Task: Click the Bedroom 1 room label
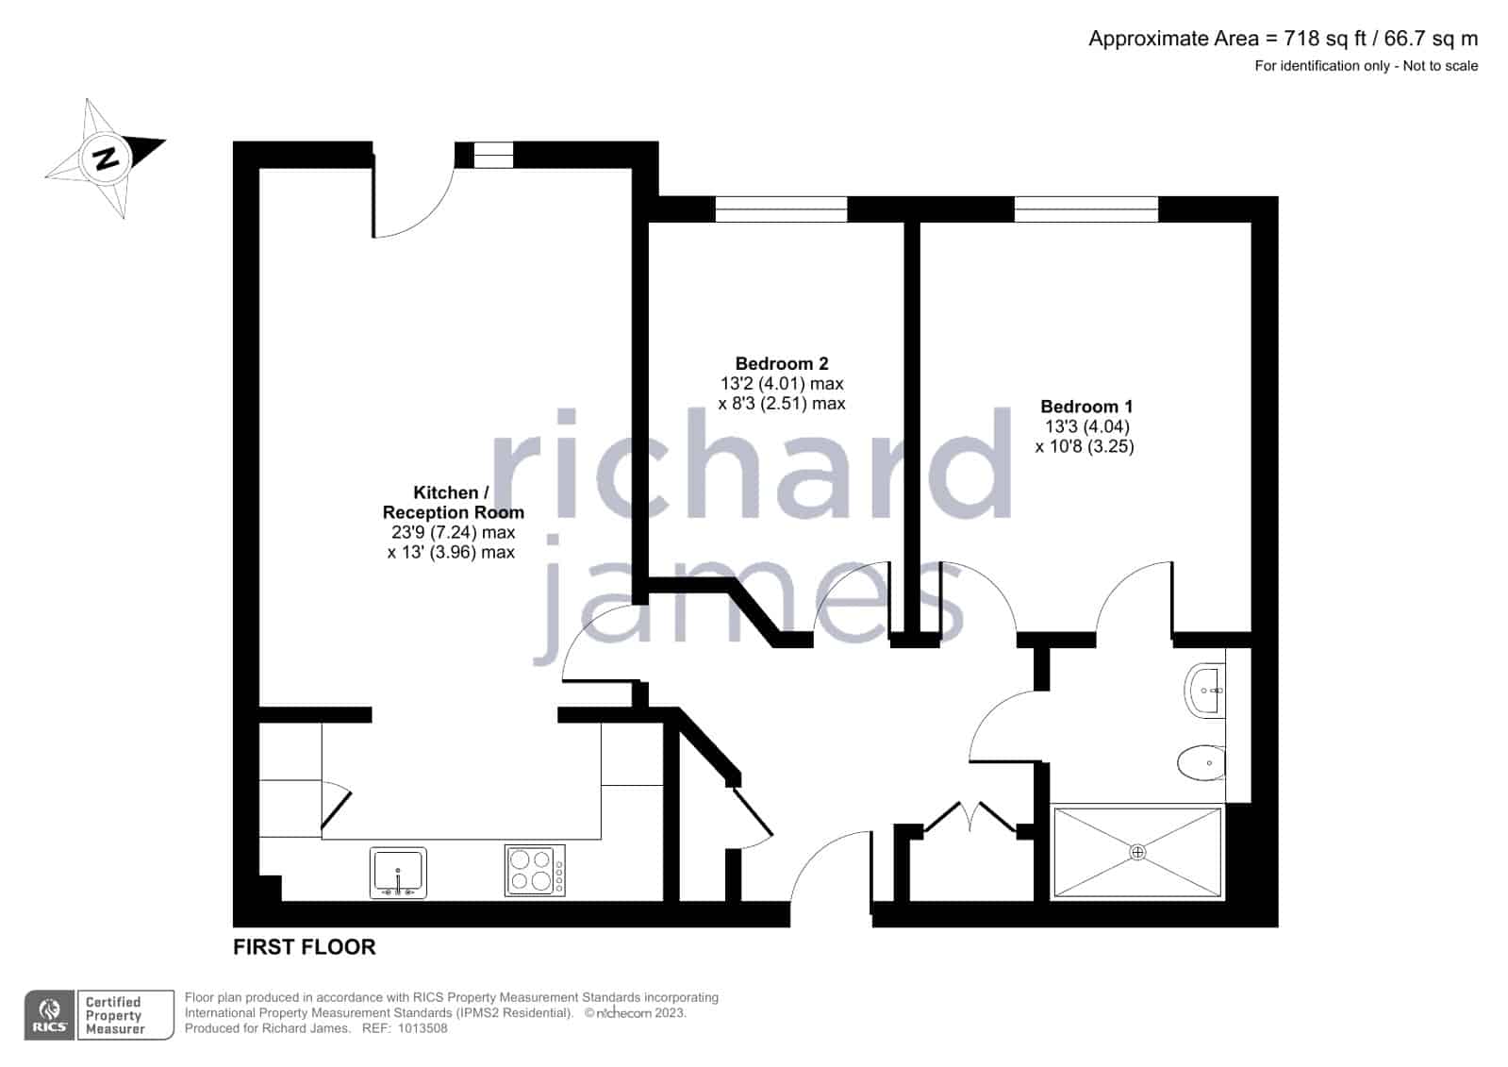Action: coord(1086,407)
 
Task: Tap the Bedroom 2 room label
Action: coord(782,364)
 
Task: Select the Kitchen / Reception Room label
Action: coord(453,503)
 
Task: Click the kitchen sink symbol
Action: coord(398,873)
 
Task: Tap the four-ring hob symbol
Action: coord(535,871)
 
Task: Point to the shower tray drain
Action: coord(1137,852)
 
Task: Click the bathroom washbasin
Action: coord(1204,691)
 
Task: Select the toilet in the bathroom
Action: coord(1201,763)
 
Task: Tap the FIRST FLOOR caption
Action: coord(305,947)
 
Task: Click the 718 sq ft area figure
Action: coord(1325,39)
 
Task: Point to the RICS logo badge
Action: coord(49,1014)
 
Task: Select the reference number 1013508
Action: coord(423,1028)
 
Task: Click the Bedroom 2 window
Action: coord(781,208)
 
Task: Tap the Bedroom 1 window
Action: coord(1085,208)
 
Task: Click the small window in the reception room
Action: coord(493,155)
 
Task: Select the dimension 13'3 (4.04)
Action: coord(1087,426)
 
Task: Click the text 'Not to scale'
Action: coord(1440,66)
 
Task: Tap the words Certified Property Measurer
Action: coord(114,1015)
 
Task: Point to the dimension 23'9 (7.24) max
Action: coord(453,532)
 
